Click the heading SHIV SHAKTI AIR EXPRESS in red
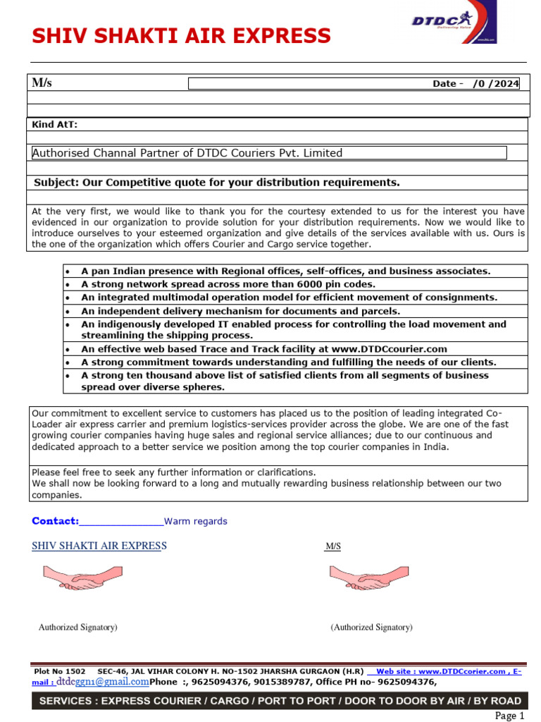point(181,36)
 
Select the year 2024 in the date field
point(505,84)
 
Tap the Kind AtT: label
point(55,125)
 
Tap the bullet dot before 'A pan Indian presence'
point(67,271)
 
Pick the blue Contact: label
point(55,521)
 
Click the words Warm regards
point(196,522)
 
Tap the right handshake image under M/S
point(368,577)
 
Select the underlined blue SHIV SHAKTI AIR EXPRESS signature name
point(99,546)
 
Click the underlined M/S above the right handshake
point(332,547)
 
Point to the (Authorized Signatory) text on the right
point(371,627)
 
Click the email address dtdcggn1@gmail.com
point(103,682)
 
